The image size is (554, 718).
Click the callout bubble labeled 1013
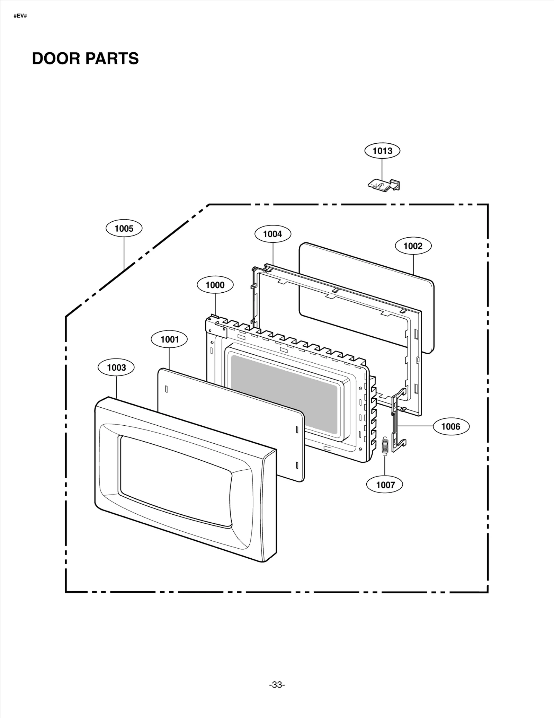tap(382, 151)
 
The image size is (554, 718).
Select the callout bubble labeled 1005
tap(124, 229)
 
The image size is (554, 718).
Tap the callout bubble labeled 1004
tap(272, 234)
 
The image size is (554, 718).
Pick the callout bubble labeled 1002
tap(413, 246)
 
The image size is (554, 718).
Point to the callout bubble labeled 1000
tap(215, 285)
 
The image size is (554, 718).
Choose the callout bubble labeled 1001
tap(169, 339)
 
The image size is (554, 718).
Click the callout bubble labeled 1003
tap(116, 367)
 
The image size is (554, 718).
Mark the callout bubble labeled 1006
tap(451, 427)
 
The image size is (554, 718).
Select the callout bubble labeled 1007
tap(385, 485)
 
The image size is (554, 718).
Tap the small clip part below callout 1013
tap(384, 184)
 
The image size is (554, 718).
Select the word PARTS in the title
tap(112, 59)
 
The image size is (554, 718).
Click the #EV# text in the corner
tap(20, 16)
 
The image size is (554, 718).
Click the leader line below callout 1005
tap(124, 253)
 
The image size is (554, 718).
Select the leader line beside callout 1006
tap(415, 426)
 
